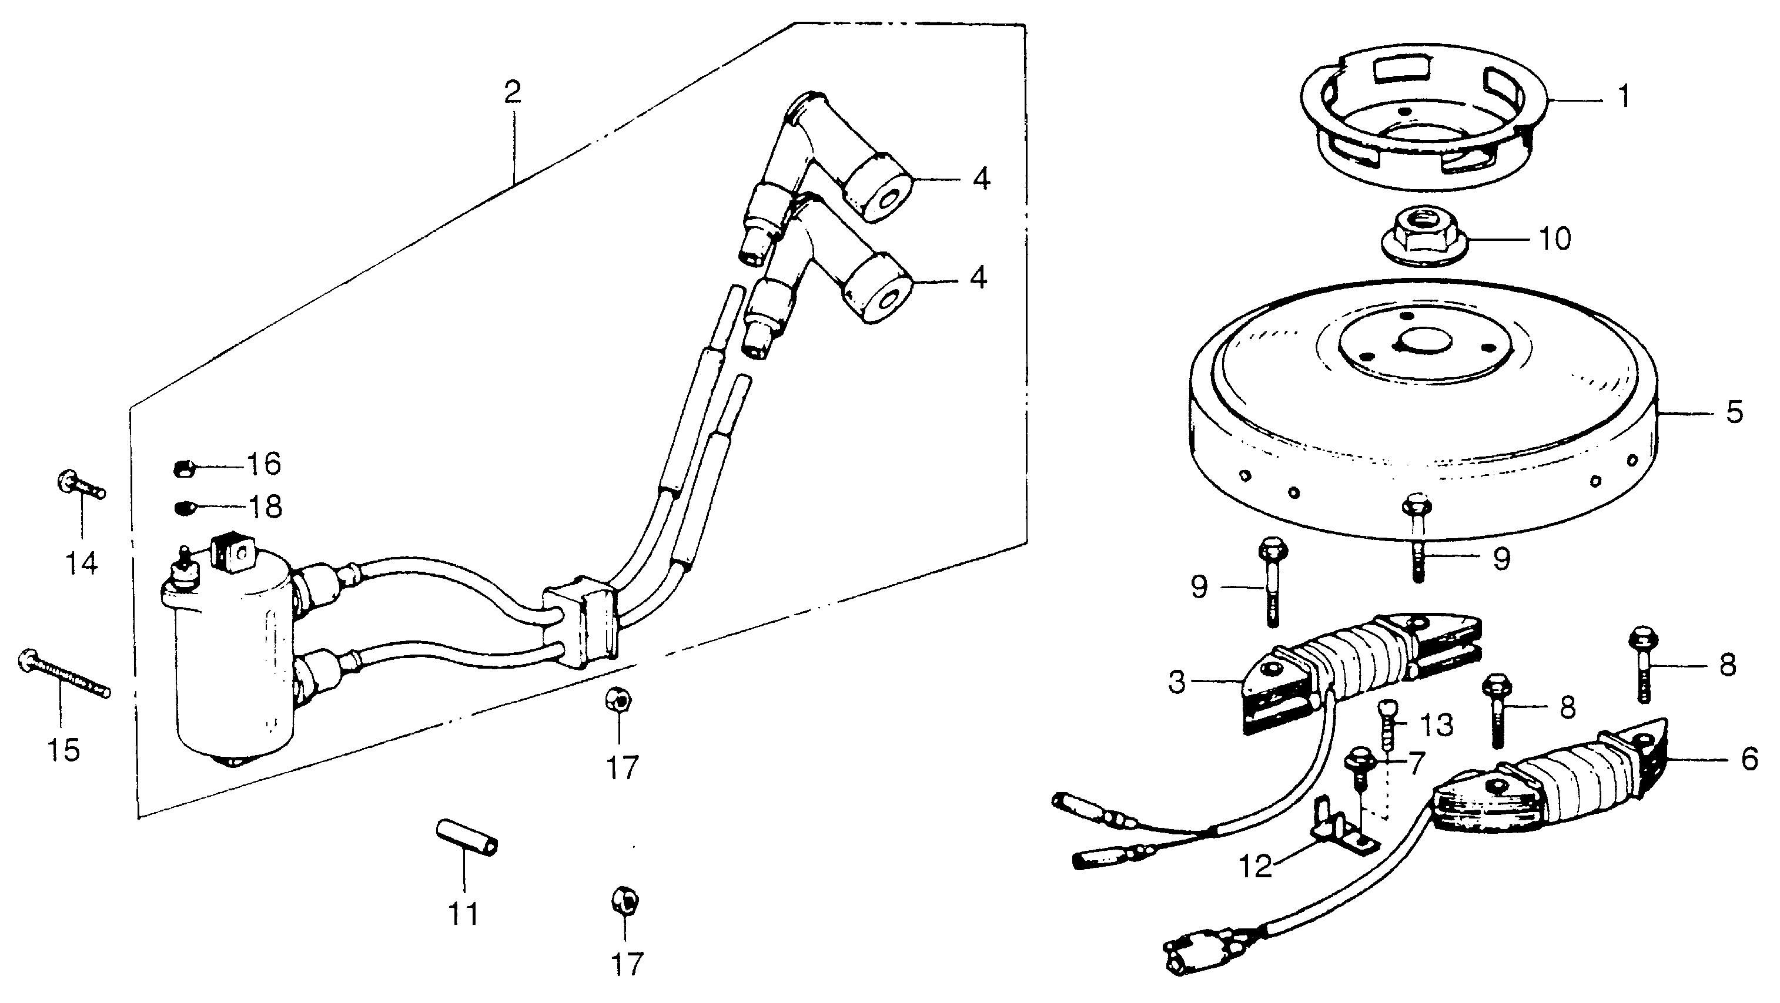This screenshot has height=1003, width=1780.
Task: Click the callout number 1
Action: click(1623, 98)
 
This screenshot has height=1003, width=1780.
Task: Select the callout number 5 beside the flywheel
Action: click(1734, 412)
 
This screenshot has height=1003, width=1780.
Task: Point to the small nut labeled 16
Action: click(181, 469)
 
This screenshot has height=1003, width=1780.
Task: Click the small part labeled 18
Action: click(182, 508)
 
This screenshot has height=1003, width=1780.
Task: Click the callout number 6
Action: click(1749, 759)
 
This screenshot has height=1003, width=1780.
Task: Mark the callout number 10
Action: click(1555, 239)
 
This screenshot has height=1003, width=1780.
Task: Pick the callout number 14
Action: click(82, 563)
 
